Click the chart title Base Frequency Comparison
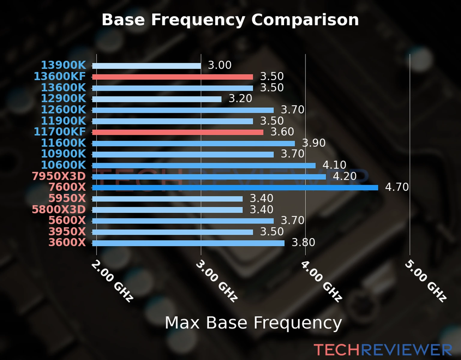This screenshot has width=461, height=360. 230,20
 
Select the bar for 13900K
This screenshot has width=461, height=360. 146,66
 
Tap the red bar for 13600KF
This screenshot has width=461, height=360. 173,77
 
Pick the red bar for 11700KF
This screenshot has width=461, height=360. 178,132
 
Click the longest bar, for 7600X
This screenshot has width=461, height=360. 235,188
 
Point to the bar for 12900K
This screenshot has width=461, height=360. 157,99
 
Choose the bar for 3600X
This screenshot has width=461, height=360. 188,243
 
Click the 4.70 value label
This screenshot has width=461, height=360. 397,187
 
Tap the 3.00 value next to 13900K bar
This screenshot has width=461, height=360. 220,65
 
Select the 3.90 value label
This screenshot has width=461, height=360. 314,143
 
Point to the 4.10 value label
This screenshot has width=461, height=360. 334,165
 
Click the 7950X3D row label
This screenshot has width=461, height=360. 59,176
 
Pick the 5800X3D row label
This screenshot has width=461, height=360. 59,209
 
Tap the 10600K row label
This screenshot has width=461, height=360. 63,165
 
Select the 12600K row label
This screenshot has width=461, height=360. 63,110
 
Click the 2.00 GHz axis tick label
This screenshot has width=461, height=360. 112,281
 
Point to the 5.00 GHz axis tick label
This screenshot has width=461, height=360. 426,281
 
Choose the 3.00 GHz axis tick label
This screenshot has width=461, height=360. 217,281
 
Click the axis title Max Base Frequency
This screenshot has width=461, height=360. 253,323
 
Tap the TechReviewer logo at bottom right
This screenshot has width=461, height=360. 383,350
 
